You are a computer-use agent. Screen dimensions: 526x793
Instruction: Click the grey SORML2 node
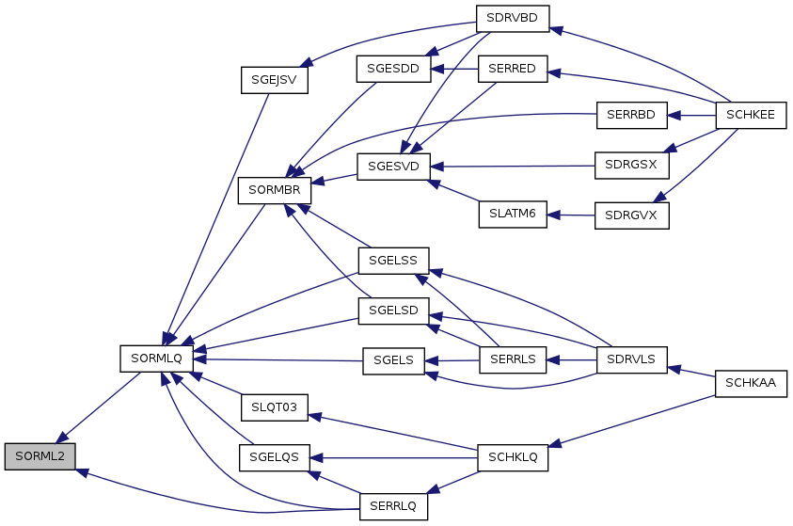coord(40,456)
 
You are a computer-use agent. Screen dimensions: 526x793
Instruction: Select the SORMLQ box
coord(156,359)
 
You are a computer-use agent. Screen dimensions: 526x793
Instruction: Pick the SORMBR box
coord(274,190)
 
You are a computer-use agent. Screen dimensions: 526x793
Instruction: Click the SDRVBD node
coord(512,19)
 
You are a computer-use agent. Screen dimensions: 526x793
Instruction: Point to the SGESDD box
coord(392,70)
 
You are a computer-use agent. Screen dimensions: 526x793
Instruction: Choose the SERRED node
coord(512,70)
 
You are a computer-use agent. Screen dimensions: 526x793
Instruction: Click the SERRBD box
coord(631,116)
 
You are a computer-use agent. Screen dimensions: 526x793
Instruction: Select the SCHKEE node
coord(751,116)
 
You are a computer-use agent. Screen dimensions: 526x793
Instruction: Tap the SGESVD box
coord(392,167)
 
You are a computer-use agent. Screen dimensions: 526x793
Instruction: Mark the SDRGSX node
coord(631,166)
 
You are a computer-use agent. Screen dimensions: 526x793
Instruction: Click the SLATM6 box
coord(512,215)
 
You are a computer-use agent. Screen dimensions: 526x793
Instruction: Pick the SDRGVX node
coord(631,215)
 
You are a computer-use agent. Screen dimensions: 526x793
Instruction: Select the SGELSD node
coord(392,310)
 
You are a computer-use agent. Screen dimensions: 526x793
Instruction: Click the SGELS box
coord(392,360)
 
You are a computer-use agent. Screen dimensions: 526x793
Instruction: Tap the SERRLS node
coord(512,360)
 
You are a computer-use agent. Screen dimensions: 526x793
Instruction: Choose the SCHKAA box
coord(751,383)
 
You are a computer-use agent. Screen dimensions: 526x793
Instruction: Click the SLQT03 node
coord(274,408)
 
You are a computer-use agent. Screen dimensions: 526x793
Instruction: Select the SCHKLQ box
coord(512,456)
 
